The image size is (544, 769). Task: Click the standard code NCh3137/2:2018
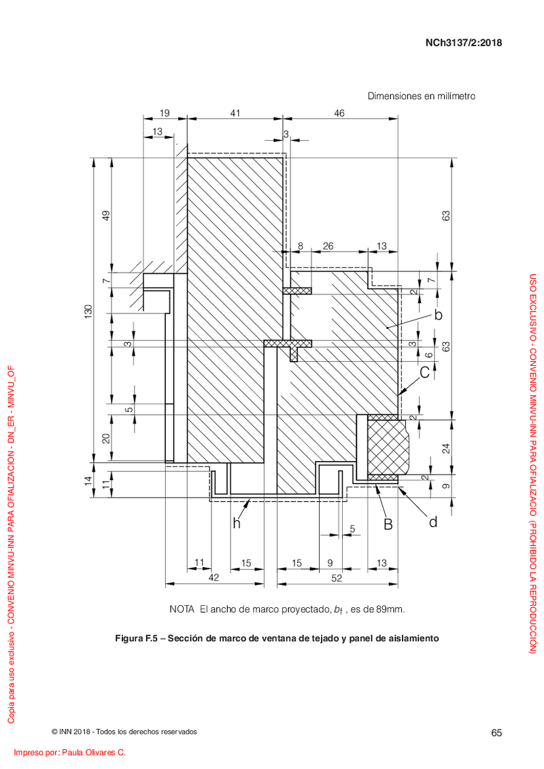(464, 43)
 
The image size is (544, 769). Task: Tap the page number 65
(496, 733)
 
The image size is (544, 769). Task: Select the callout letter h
(237, 524)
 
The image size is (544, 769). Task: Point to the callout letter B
(388, 524)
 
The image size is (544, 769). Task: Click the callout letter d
(433, 522)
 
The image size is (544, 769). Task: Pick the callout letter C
(425, 373)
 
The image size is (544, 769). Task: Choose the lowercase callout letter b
(439, 314)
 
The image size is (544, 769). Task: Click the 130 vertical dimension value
(88, 311)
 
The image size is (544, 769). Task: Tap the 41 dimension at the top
(235, 114)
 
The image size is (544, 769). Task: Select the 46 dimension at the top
(339, 114)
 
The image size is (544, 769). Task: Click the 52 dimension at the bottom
(337, 578)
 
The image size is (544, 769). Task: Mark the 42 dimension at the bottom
(214, 578)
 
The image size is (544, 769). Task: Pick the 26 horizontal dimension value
(328, 246)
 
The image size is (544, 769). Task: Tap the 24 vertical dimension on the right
(446, 448)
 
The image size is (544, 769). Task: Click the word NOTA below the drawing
(182, 609)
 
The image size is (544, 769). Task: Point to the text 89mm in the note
(390, 610)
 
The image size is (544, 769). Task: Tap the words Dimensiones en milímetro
(422, 96)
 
